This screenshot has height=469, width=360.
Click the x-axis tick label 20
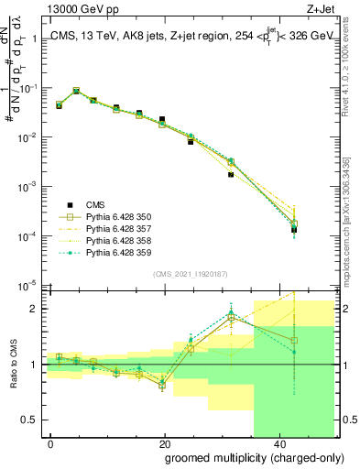(x=164, y=442)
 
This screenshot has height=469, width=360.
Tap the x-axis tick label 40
(x=278, y=442)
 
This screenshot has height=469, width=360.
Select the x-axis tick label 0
(x=51, y=442)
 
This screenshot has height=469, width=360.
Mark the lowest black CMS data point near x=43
(x=294, y=230)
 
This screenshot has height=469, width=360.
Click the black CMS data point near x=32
(x=231, y=174)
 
